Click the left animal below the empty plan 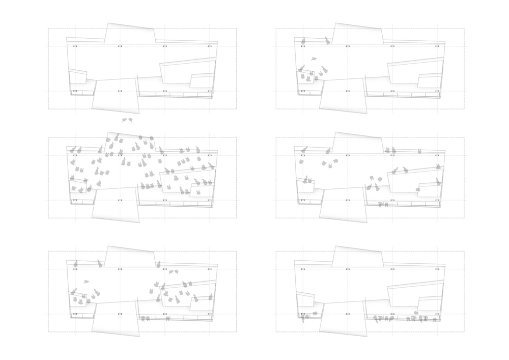coord(124,120)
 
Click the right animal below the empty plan coord(131,120)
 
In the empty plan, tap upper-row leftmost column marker coord(75,46)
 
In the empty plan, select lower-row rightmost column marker coord(210,91)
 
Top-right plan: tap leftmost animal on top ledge coord(303,41)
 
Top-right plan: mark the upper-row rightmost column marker coord(437,46)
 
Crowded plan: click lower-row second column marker coord(120,201)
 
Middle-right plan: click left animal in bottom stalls coord(381,205)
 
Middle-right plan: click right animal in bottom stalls coord(387,205)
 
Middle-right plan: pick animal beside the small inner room coord(417,189)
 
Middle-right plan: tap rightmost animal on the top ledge coord(420,151)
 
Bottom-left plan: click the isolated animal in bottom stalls coord(167,318)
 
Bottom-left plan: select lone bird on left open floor coord(86,281)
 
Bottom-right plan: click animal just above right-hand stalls coord(416,312)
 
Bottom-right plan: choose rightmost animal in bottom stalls coord(435,319)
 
